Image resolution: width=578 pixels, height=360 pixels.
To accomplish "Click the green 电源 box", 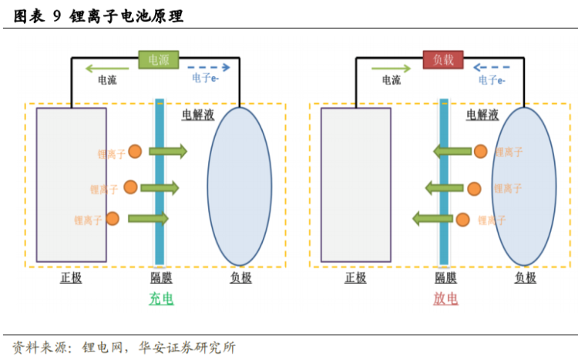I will click(x=159, y=59).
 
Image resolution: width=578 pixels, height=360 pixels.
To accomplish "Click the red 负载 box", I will click(x=443, y=59).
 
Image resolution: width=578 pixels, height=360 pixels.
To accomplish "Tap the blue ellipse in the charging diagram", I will click(x=240, y=189).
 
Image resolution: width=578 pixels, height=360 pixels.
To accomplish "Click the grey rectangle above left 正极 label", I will click(x=71, y=185).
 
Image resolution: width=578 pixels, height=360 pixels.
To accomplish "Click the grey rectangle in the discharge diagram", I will click(x=355, y=185).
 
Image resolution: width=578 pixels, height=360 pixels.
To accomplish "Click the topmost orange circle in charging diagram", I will click(x=136, y=152).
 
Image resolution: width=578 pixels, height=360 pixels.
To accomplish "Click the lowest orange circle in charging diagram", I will click(x=113, y=219).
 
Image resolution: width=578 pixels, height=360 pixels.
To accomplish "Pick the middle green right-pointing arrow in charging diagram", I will click(x=160, y=187).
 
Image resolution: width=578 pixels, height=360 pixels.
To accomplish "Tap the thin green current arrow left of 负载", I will click(x=391, y=66).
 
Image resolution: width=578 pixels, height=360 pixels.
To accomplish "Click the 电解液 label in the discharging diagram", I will click(x=482, y=115).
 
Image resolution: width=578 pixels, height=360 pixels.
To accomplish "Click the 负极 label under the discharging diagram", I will click(x=525, y=278).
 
